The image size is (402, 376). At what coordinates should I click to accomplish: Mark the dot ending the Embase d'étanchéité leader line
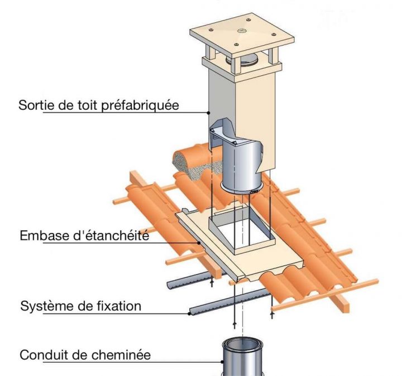199,243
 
